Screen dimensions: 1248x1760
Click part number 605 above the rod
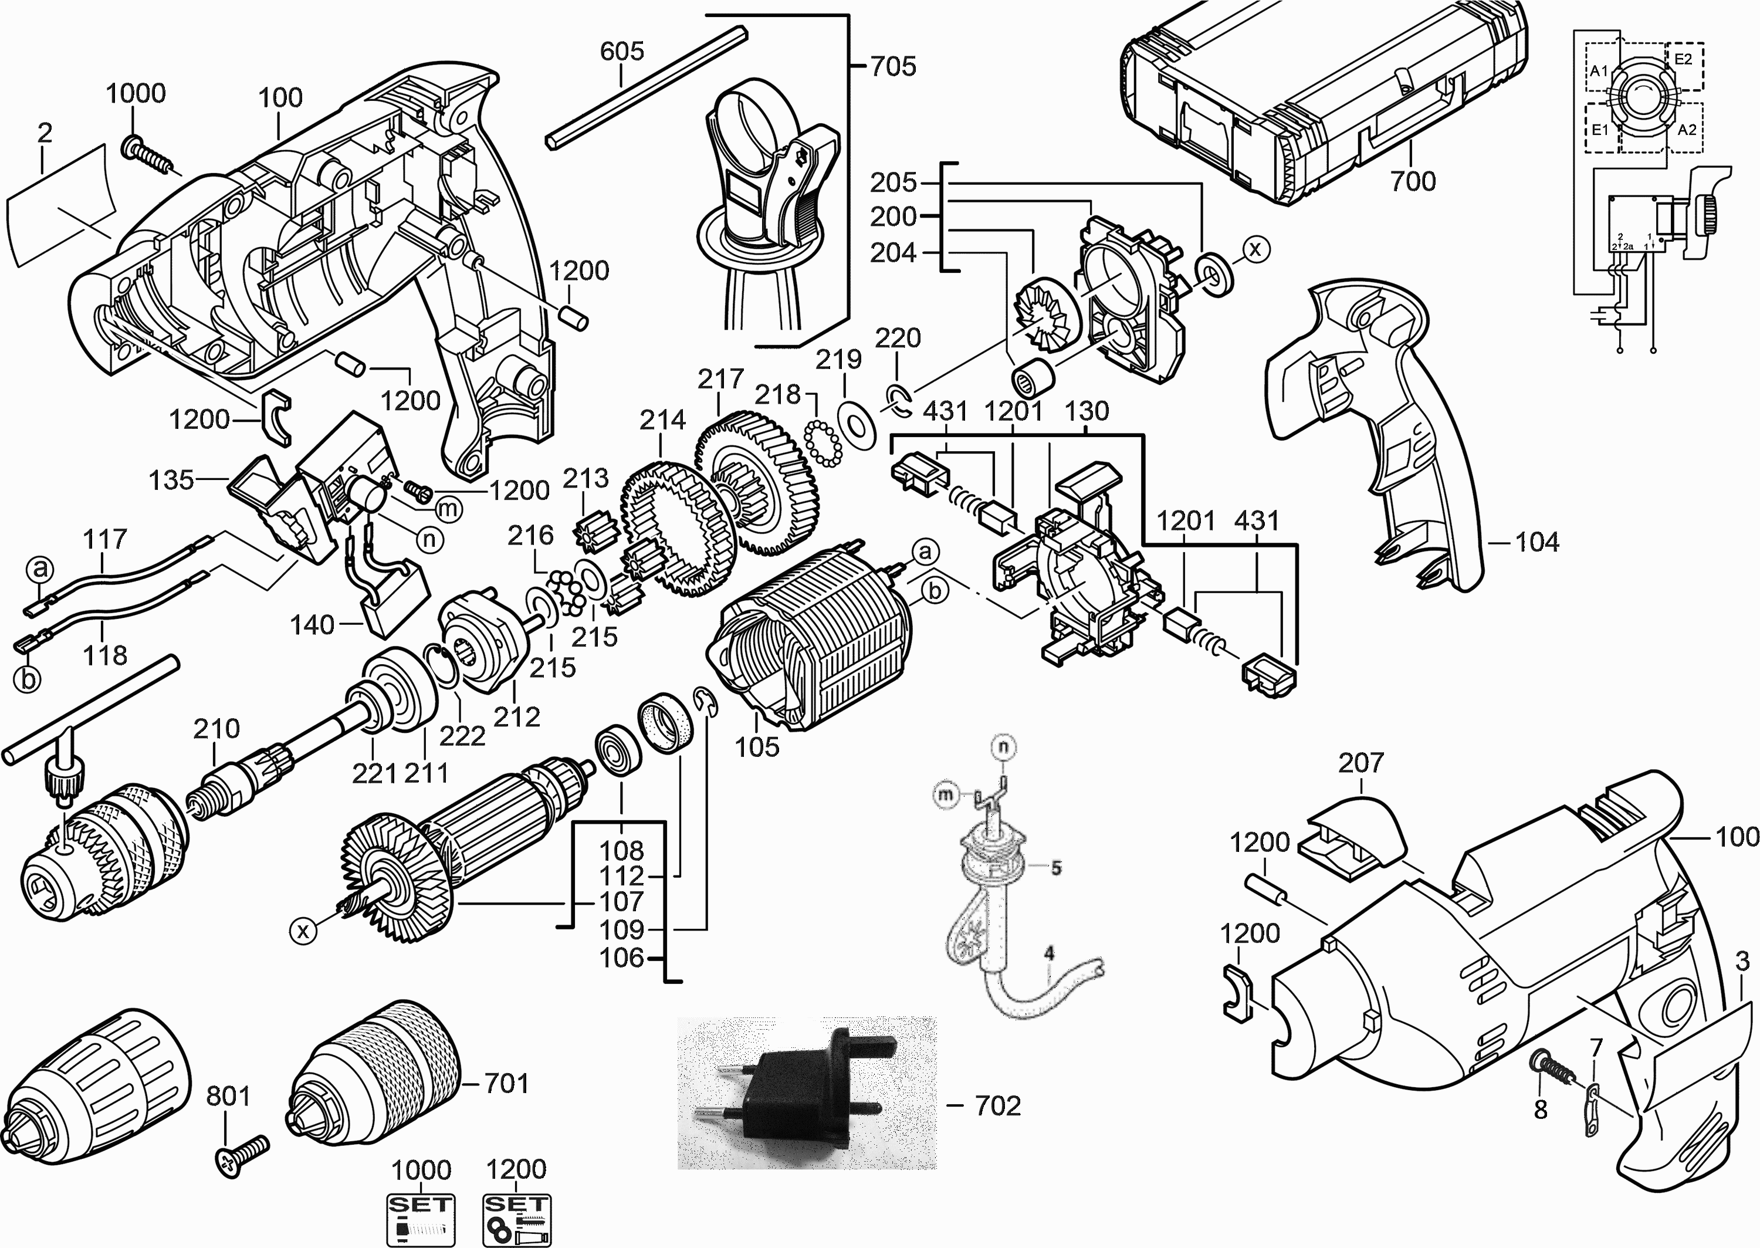point(621,52)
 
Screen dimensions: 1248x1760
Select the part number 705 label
point(893,67)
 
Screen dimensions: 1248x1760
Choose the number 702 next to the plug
point(997,1106)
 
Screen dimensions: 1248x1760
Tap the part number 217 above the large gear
point(720,379)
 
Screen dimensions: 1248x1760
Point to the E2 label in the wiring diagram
point(1683,59)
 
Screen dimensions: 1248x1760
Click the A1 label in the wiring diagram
point(1599,72)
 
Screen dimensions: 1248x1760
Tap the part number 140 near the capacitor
point(312,625)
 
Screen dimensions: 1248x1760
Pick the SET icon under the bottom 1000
point(420,1217)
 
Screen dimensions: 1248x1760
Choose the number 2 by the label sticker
point(45,133)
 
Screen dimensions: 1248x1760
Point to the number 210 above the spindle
point(216,729)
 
